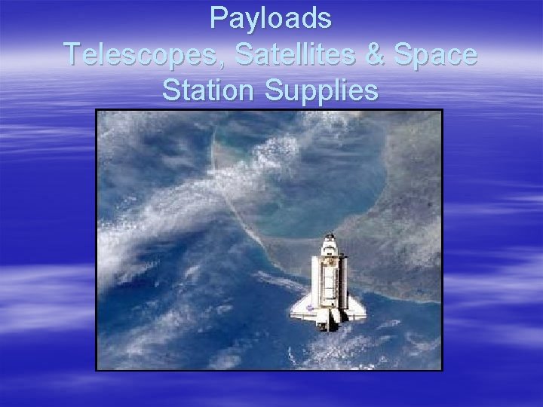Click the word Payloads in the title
(271, 18)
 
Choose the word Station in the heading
(208, 90)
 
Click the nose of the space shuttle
(329, 240)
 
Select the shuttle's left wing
(302, 305)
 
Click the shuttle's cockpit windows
(329, 249)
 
